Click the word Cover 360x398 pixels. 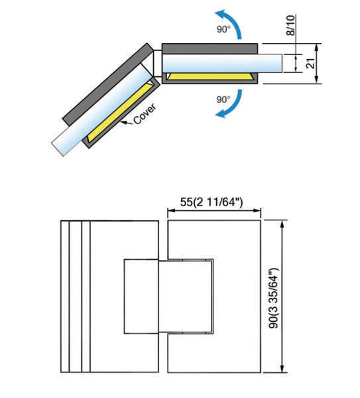coord(145,113)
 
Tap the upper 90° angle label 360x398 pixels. coord(223,29)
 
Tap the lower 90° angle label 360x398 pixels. coord(223,99)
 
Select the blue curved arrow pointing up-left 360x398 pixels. coord(229,23)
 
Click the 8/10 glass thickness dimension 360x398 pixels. coord(291,25)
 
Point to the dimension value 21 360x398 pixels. coord(310,63)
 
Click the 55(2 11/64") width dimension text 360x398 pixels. coord(211,202)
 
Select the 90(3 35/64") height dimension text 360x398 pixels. coord(274,298)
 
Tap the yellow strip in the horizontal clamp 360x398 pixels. coord(211,76)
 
